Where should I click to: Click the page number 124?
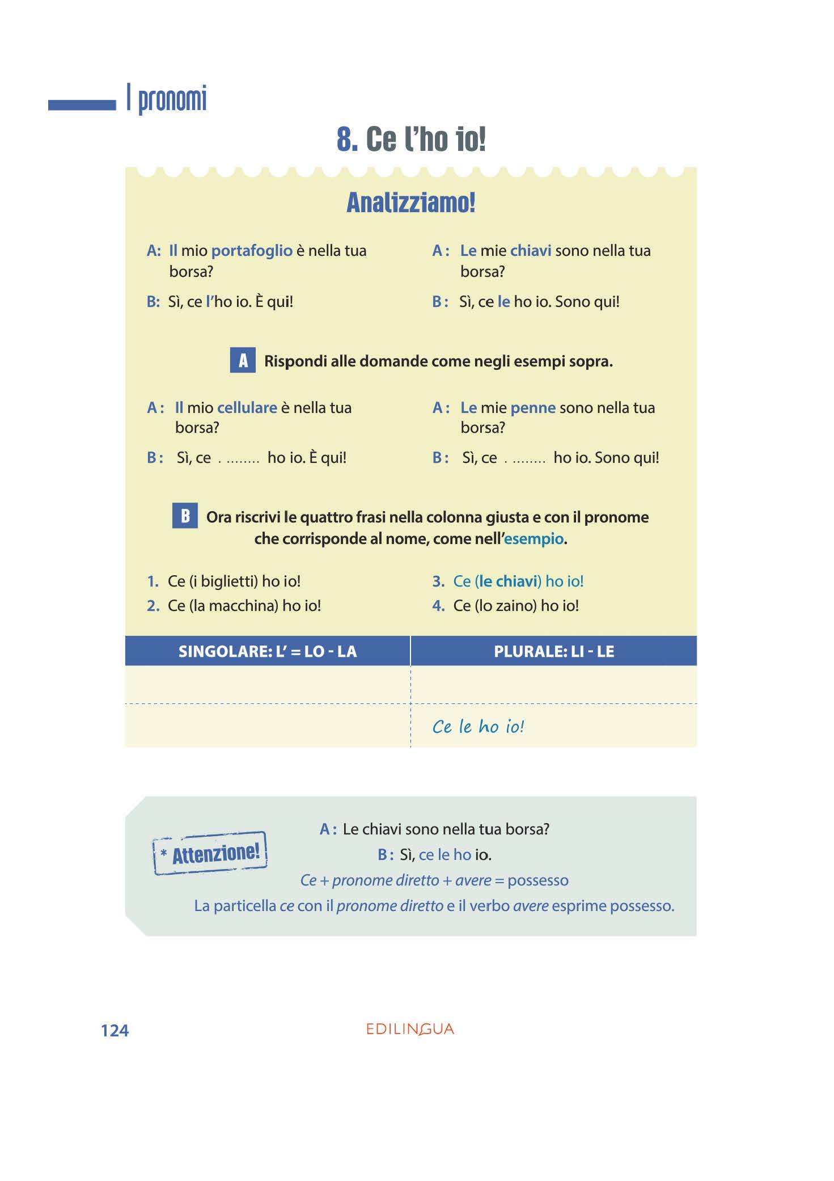[115, 1031]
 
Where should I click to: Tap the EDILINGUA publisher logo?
[410, 1029]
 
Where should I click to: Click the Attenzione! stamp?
[210, 853]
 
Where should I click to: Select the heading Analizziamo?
[411, 203]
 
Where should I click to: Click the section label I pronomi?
[167, 99]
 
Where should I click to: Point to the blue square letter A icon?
[243, 360]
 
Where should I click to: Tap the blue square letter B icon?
[185, 516]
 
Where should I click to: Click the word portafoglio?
[252, 251]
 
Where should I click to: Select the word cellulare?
[247, 408]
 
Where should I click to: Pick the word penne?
[532, 408]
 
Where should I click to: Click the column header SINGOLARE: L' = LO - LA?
[268, 651]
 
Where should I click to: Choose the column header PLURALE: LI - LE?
[554, 651]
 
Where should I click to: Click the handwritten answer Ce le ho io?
[478, 727]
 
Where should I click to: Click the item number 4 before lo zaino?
[438, 606]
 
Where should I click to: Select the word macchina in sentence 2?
[242, 606]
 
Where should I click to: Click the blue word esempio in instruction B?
[534, 539]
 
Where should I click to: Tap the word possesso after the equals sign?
[537, 880]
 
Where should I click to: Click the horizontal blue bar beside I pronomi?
[82, 105]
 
